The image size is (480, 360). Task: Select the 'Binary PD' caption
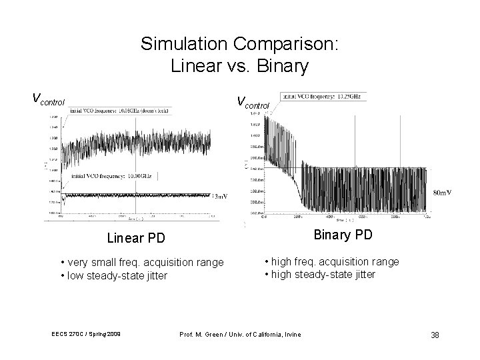(343, 235)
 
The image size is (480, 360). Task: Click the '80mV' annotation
(442, 193)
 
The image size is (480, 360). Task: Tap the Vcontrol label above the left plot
(49, 101)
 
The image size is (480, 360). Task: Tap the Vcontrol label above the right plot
(253, 103)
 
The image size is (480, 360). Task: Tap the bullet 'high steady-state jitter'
(323, 274)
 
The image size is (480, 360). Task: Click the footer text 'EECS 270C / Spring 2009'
(83, 333)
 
